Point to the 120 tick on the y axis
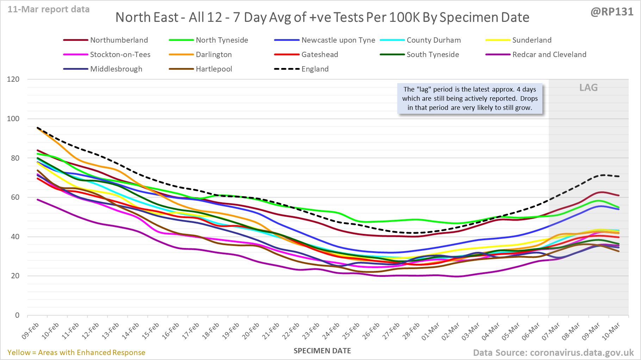click(x=13, y=79)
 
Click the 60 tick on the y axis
click(x=15, y=197)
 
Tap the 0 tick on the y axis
click(x=17, y=315)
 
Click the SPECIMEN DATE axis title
click(x=322, y=351)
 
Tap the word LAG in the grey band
click(x=589, y=88)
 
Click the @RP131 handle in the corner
click(x=612, y=12)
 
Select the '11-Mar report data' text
click(x=49, y=10)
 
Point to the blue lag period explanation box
click(x=470, y=99)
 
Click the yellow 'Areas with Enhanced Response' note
click(x=76, y=353)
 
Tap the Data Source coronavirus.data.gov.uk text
click(x=553, y=353)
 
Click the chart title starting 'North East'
click(x=322, y=17)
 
